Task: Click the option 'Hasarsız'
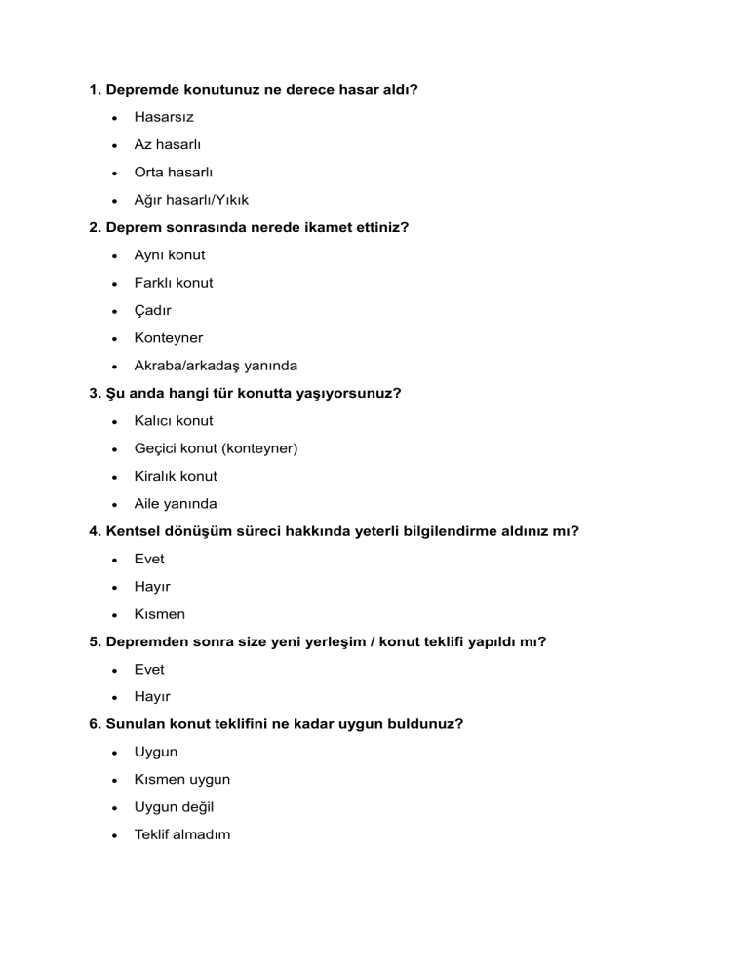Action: [x=164, y=117]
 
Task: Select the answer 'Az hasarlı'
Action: [x=168, y=144]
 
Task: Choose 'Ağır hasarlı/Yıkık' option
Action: [x=191, y=200]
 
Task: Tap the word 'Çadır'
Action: [x=154, y=310]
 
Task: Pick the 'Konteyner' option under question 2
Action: [x=169, y=338]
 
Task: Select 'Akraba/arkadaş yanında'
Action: [x=216, y=366]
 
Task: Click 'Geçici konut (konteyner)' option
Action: [x=216, y=448]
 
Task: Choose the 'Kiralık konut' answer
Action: [x=176, y=476]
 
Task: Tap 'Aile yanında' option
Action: [x=176, y=504]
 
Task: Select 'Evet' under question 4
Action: [x=149, y=559]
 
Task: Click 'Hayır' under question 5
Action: [x=152, y=697]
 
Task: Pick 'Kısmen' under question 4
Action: [x=159, y=614]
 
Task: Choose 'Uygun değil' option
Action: [x=174, y=807]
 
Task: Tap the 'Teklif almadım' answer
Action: [x=182, y=834]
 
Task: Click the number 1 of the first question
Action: [x=94, y=90]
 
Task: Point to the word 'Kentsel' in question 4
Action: [x=133, y=531]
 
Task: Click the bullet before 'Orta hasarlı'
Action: [x=115, y=173]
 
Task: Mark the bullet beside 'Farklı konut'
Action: [x=115, y=284]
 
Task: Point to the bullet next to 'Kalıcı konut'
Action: [x=115, y=422]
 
